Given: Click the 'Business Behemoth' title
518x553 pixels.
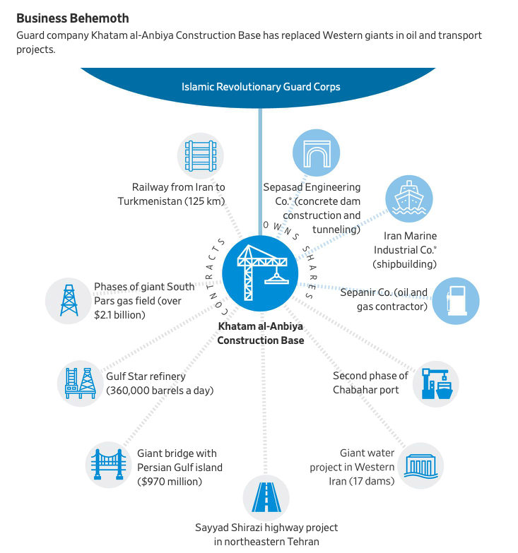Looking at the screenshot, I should point(73,17).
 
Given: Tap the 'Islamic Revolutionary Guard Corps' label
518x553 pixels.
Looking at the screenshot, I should point(261,87).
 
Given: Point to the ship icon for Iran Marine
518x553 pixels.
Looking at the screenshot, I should point(408,199).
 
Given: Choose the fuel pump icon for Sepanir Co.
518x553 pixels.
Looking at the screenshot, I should point(455,300).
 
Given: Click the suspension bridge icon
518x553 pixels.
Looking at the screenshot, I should point(107,465).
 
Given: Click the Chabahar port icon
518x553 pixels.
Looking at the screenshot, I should point(435,383).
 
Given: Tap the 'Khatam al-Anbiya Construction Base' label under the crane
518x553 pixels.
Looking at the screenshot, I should point(260,334).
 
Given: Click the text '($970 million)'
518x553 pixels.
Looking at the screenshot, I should point(170,482).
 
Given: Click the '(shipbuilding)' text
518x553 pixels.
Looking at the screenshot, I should point(404,263).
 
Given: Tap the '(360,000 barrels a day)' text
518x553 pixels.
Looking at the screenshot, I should point(160,390).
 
